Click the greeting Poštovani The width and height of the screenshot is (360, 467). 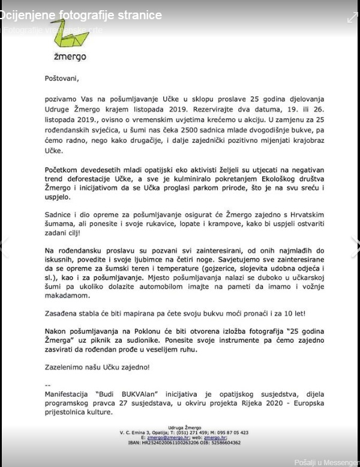click(61, 77)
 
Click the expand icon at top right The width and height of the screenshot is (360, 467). click(352, 17)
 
